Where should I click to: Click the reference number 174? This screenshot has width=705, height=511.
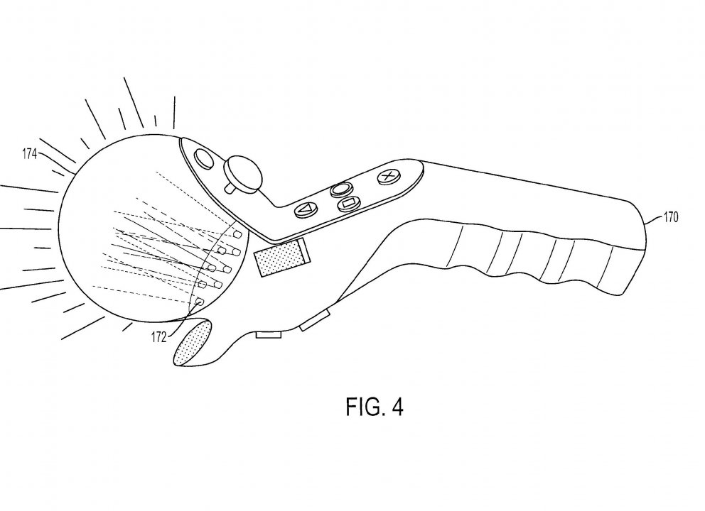pos(29,154)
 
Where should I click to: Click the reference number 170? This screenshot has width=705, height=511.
pos(670,217)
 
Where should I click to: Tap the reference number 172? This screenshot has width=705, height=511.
pos(158,337)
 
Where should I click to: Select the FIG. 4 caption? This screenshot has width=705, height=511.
pos(374,407)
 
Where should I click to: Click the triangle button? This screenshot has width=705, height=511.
pos(306,209)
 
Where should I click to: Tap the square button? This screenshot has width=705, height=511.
pos(348,204)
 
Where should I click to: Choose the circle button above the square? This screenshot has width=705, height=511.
pos(341,189)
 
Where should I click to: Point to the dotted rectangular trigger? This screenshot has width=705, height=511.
pos(279,258)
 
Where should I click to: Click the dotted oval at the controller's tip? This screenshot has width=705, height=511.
pos(193,343)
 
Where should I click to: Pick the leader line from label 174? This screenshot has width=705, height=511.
pos(55,162)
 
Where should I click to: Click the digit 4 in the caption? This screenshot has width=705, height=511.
pos(397,407)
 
